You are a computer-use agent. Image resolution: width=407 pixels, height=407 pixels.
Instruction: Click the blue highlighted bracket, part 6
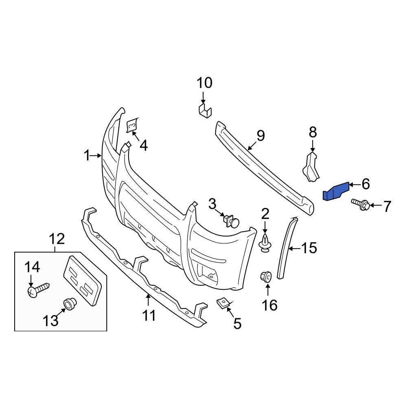[x=336, y=191]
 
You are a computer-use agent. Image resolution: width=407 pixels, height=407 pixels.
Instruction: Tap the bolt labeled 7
[x=361, y=204]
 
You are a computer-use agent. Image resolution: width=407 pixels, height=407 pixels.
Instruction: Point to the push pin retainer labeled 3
[x=231, y=221]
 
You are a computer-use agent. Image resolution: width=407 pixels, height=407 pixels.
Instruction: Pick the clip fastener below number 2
[x=265, y=243]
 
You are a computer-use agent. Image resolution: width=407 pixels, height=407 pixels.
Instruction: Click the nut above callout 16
[x=266, y=277]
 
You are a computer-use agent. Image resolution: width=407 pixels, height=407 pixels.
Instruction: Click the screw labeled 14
[x=37, y=289]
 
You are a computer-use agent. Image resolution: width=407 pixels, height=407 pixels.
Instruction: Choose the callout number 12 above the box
[x=57, y=239]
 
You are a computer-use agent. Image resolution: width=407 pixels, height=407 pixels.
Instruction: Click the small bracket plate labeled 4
[x=132, y=126]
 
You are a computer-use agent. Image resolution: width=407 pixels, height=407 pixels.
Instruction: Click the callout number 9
[x=260, y=136]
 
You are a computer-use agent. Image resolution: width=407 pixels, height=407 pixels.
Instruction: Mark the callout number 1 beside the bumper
[x=86, y=155]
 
